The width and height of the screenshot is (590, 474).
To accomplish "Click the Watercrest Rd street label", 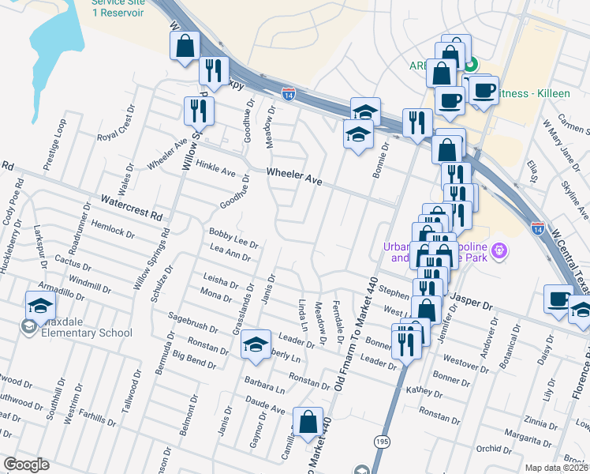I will coord(131,208).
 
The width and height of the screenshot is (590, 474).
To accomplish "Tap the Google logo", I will coord(26,465).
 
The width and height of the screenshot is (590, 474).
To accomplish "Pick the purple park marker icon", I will coord(499,252).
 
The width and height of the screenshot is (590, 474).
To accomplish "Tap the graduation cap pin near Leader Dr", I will coord(256,344).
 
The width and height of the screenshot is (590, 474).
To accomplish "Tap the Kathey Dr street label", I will coord(424,392).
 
